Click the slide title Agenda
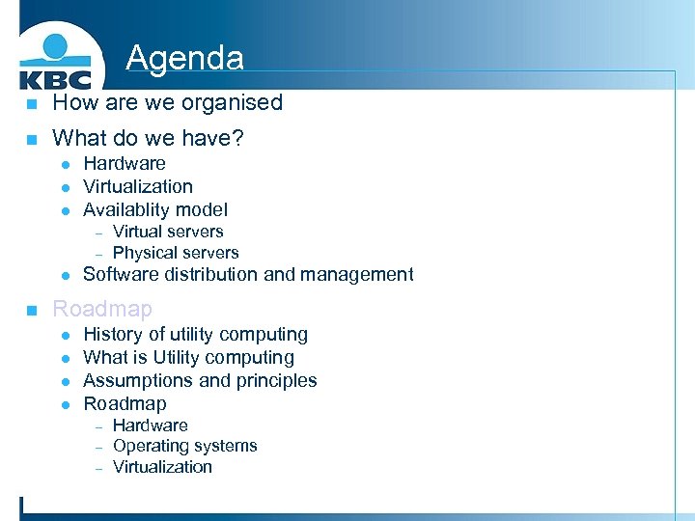pyautogui.click(x=184, y=58)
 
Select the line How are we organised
pyautogui.click(x=167, y=102)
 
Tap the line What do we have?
pyautogui.click(x=148, y=139)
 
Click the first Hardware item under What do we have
pyautogui.click(x=124, y=163)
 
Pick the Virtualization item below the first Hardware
pyautogui.click(x=137, y=186)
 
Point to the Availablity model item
pyautogui.click(x=154, y=209)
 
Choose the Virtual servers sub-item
pyautogui.click(x=168, y=232)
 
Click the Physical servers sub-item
pyautogui.click(x=176, y=253)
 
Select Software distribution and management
pyautogui.click(x=248, y=274)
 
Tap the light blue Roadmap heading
pyautogui.click(x=102, y=309)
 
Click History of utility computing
pyautogui.click(x=195, y=334)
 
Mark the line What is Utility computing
pyautogui.click(x=188, y=357)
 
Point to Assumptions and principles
pyautogui.click(x=200, y=380)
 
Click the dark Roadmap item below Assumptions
pyautogui.click(x=125, y=403)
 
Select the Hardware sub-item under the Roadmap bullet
pyautogui.click(x=150, y=425)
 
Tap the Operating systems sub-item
pyautogui.click(x=184, y=446)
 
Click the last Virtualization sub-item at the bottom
pyautogui.click(x=162, y=467)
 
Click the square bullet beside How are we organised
pyautogui.click(x=32, y=103)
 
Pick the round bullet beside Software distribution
pyautogui.click(x=64, y=275)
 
